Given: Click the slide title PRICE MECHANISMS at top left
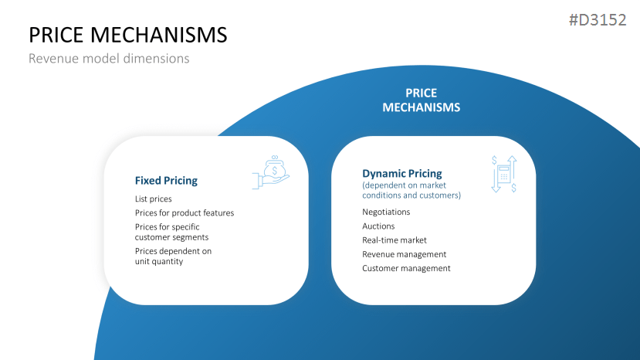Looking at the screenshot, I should pos(127,35).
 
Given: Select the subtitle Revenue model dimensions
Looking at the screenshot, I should pos(108,59).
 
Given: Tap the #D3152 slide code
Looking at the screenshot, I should pos(597,20).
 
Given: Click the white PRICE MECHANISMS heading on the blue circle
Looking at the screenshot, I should pos(421,100).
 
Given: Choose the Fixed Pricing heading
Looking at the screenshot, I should pos(166,181).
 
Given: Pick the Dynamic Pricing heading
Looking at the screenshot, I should pos(401,174).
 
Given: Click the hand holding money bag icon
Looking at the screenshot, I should pos(272,173).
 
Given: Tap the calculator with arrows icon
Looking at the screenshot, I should pos(503,174).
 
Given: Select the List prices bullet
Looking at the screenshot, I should pos(153,199).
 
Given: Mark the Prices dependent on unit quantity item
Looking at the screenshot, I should pos(172,256).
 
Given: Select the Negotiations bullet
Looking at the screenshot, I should pos(386,212).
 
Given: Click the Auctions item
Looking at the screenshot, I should pos(378,226).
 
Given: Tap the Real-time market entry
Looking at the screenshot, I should pos(394,240).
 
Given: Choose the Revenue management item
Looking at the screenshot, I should pos(404,254).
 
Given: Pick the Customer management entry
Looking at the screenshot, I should pos(406,268).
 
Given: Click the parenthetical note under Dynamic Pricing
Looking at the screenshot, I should pos(411,190).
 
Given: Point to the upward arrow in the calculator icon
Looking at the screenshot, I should pos(512,165).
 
